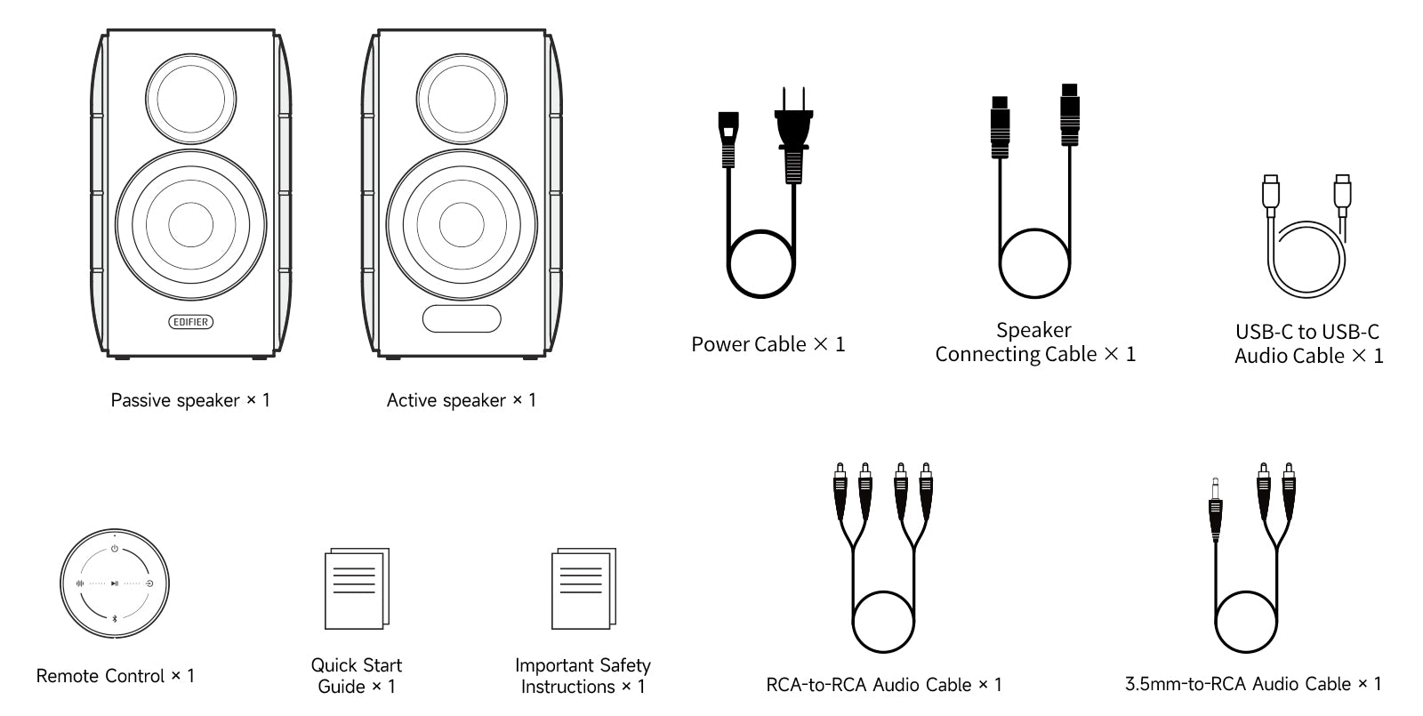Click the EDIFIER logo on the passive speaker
pyautogui.click(x=191, y=322)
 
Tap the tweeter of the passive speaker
pyautogui.click(x=191, y=96)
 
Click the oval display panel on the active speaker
pyautogui.click(x=462, y=318)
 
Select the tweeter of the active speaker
pyautogui.click(x=462, y=96)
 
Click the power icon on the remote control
pyautogui.click(x=115, y=549)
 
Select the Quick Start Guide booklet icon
pyautogui.click(x=357, y=589)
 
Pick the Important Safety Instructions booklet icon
pyautogui.click(x=583, y=589)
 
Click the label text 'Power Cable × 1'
pyautogui.click(x=768, y=344)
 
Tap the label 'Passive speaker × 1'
pyautogui.click(x=190, y=400)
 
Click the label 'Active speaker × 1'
pyautogui.click(x=462, y=400)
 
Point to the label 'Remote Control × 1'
pyautogui.click(x=116, y=676)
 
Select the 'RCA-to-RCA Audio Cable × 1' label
pyautogui.click(x=884, y=685)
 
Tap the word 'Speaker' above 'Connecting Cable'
pyautogui.click(x=1033, y=330)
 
